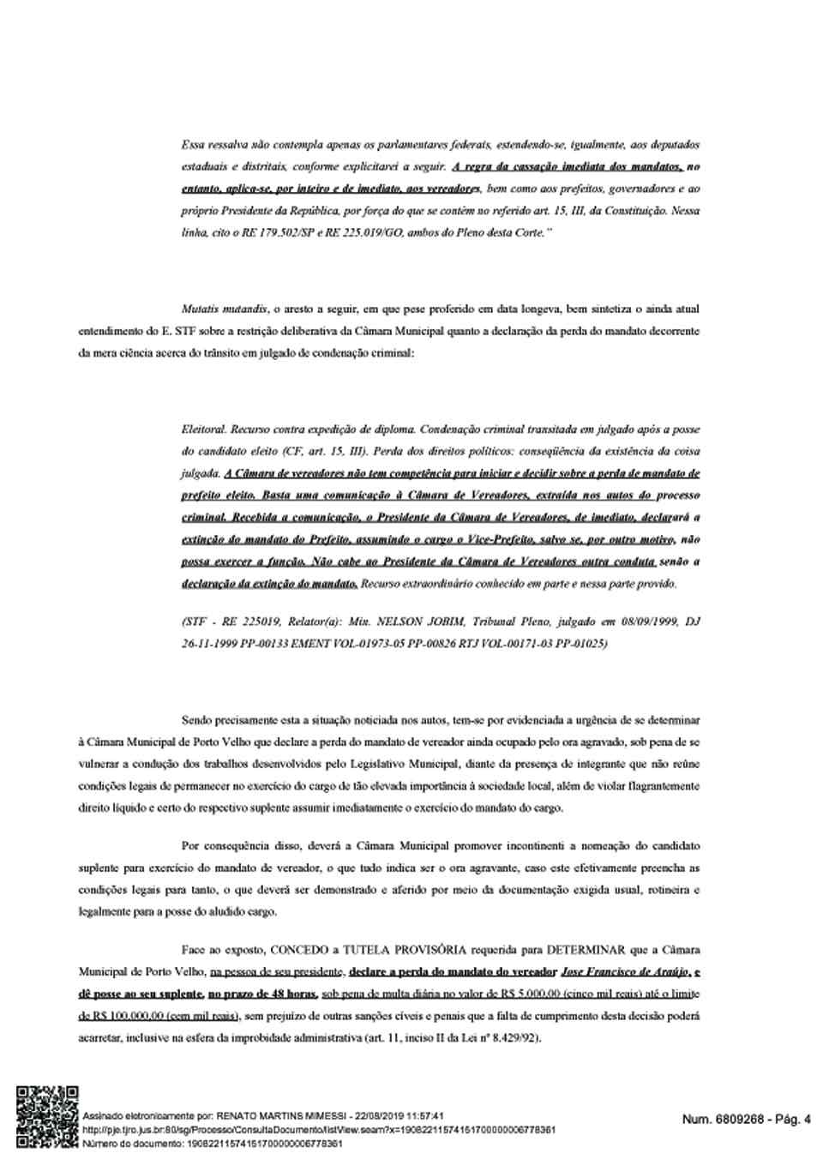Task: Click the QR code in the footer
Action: (46, 1115)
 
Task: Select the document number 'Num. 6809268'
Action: (718, 1119)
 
